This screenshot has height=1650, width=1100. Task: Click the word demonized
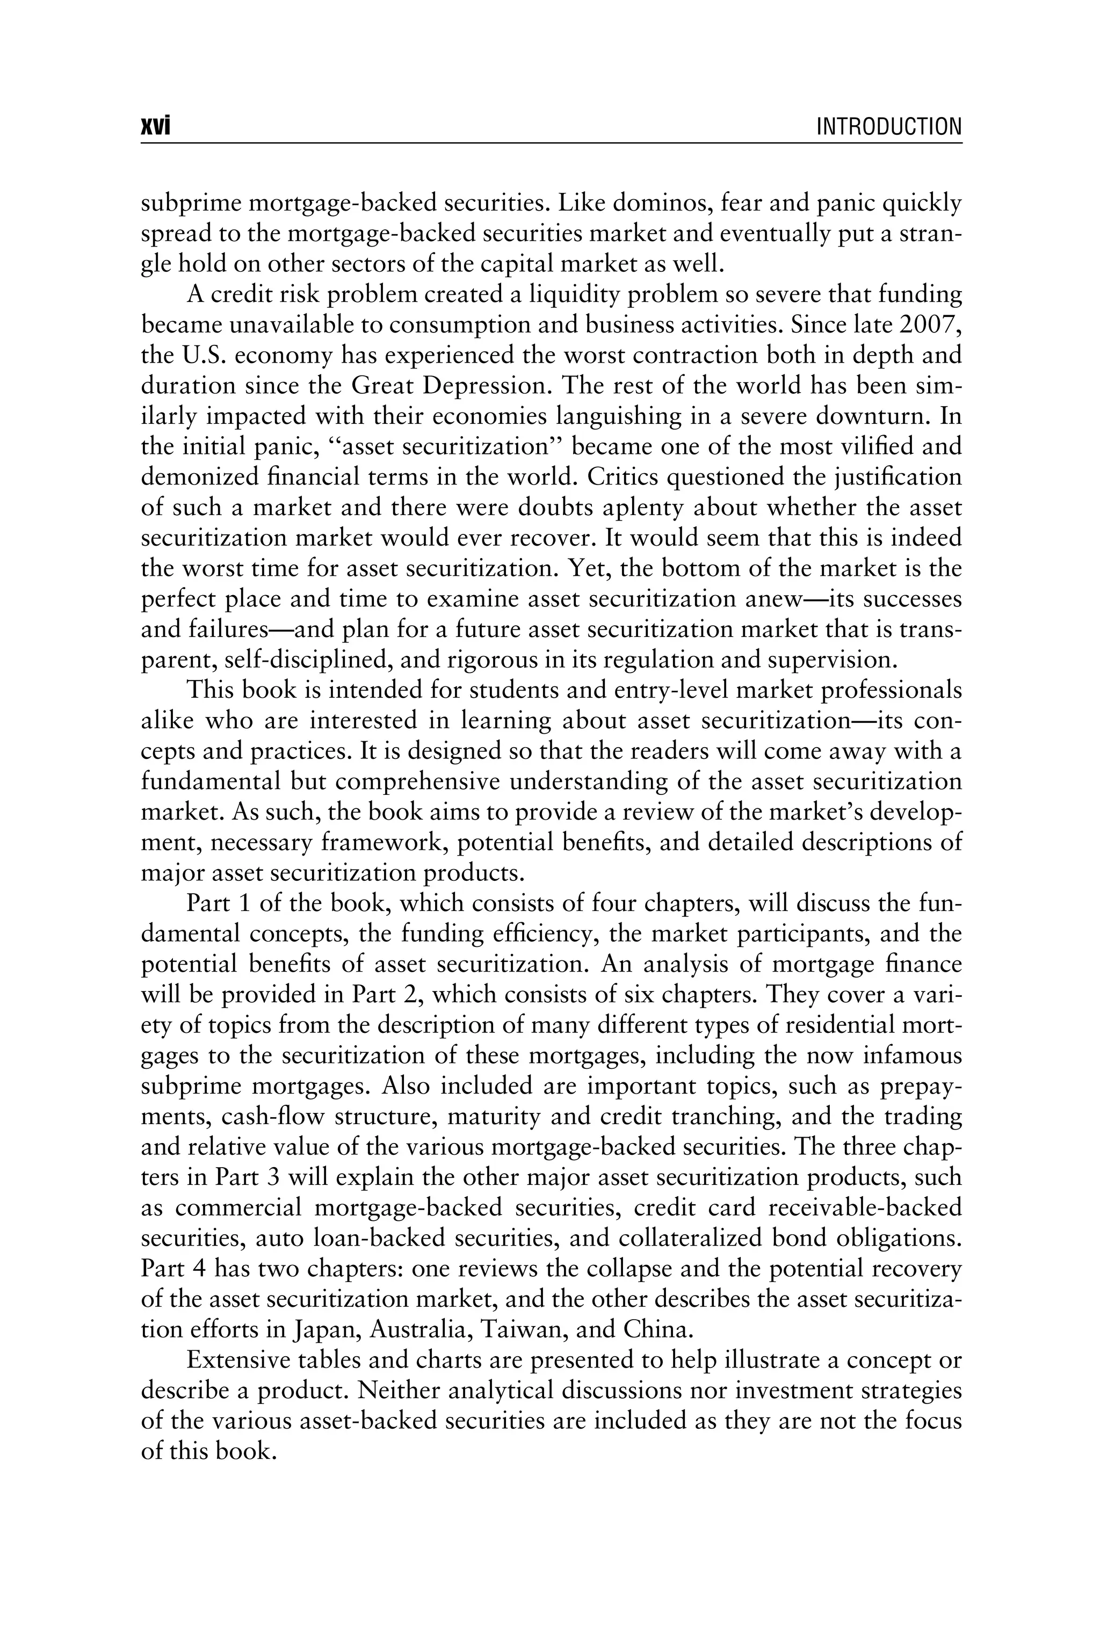(x=204, y=477)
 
